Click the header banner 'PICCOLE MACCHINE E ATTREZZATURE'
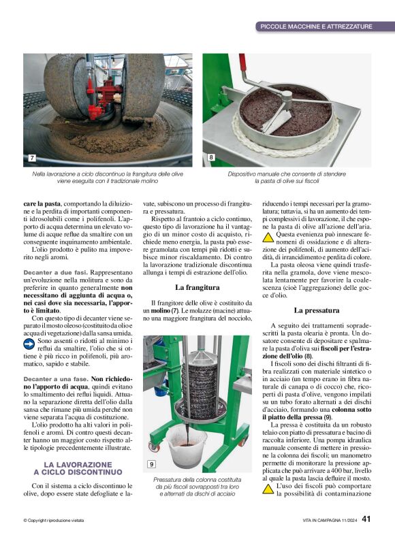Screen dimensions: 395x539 click(x=316, y=27)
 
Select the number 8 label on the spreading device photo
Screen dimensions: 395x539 click(x=210, y=158)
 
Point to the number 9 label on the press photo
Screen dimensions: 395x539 click(x=151, y=465)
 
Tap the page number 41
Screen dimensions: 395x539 click(x=366, y=519)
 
